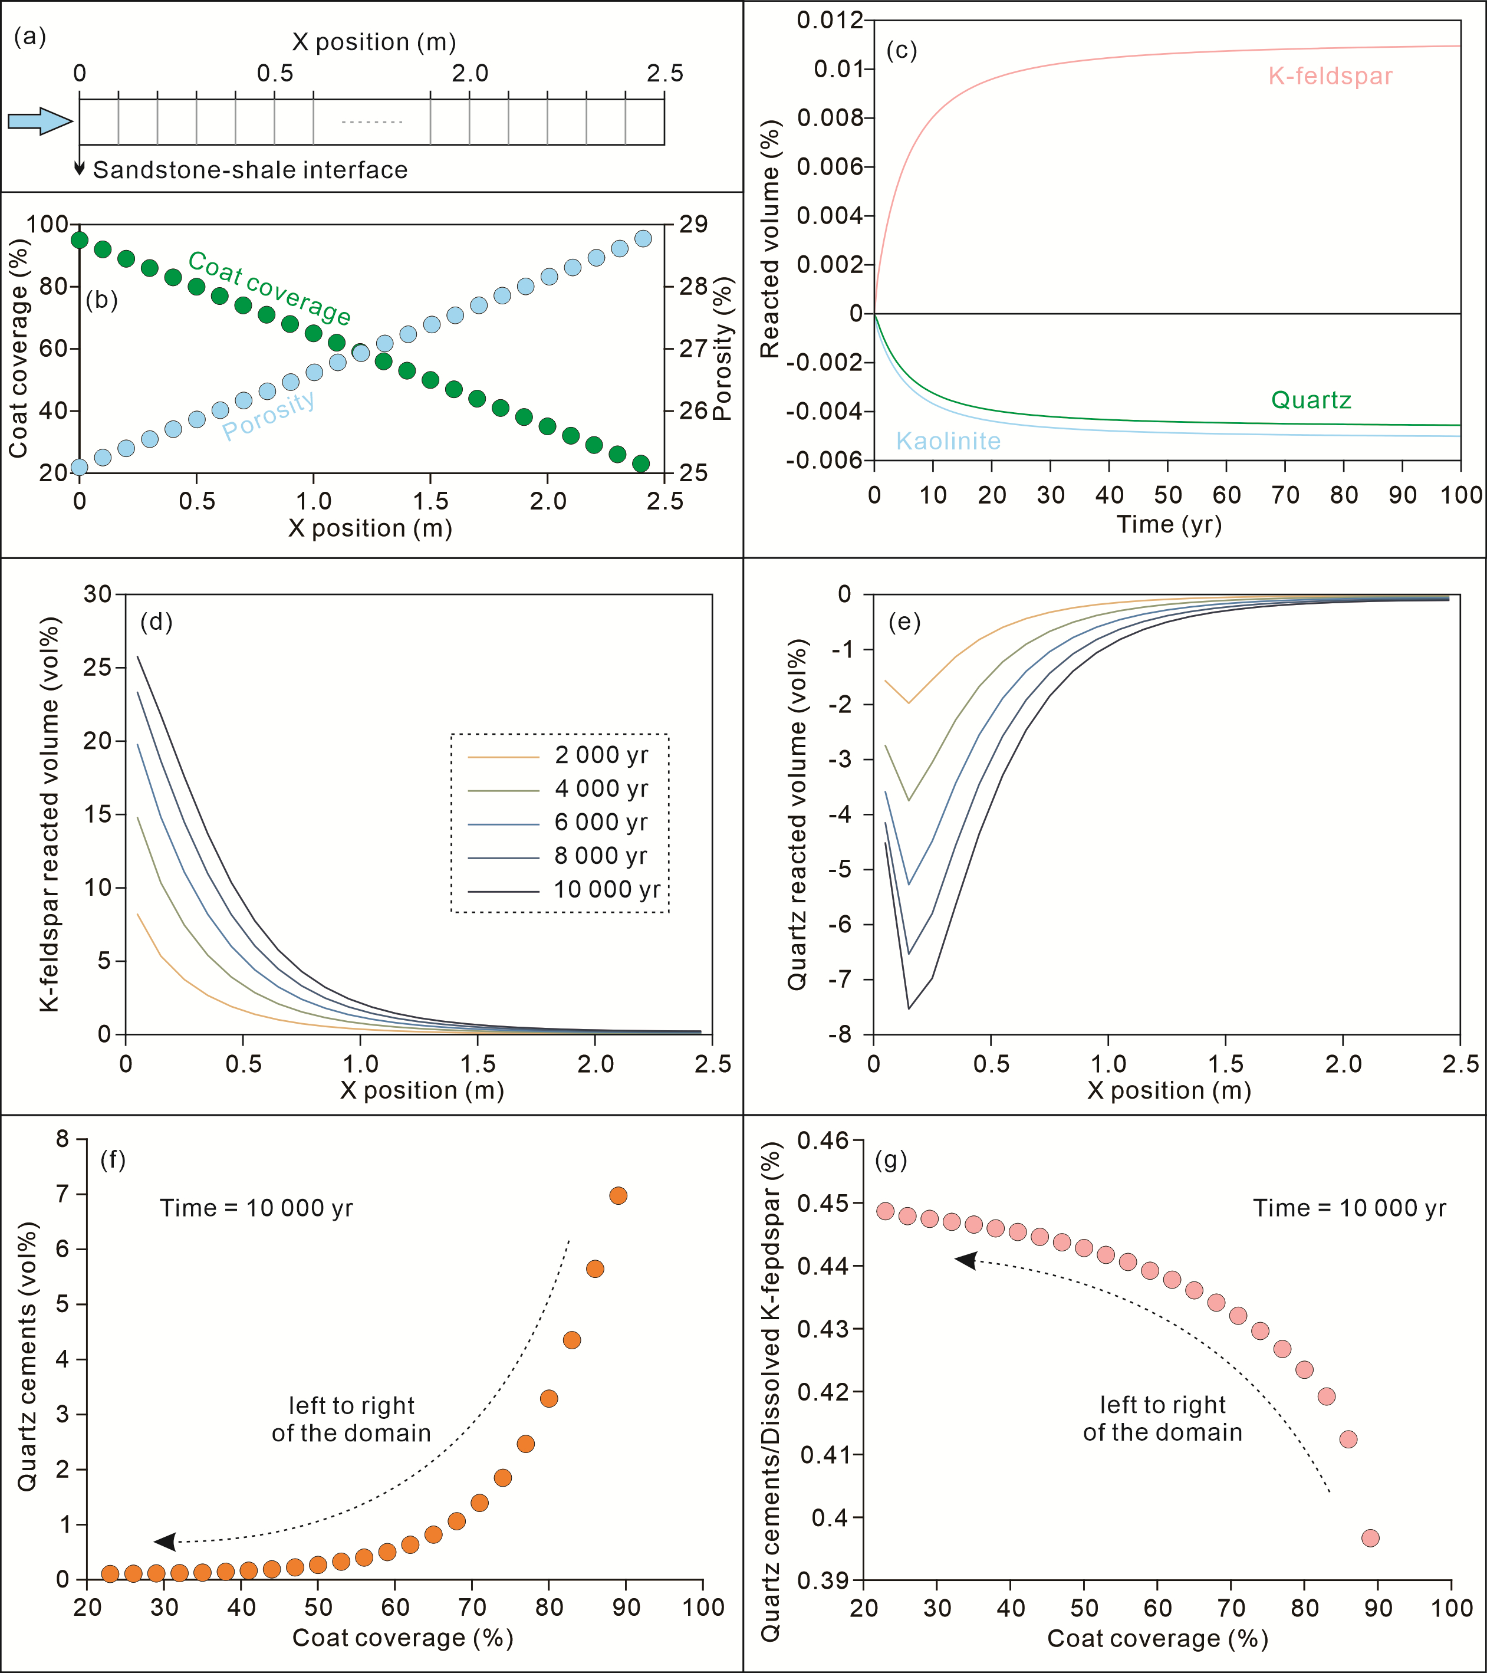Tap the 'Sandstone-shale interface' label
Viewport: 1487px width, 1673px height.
tap(249, 170)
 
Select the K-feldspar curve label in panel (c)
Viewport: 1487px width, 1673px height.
tap(1330, 76)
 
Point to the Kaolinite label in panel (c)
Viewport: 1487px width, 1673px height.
tap(948, 441)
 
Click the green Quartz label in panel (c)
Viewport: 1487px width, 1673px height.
tap(1310, 400)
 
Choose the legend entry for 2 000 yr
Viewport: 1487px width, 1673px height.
tap(601, 755)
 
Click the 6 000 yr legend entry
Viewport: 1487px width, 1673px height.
tap(601, 823)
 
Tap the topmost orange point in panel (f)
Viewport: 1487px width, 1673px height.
tap(618, 1196)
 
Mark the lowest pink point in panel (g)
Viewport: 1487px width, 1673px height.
tap(1370, 1538)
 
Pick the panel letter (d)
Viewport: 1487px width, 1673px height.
tap(156, 622)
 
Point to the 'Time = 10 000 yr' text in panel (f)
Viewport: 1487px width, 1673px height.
tap(256, 1208)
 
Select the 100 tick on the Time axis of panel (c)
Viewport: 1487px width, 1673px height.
tap(1462, 495)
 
